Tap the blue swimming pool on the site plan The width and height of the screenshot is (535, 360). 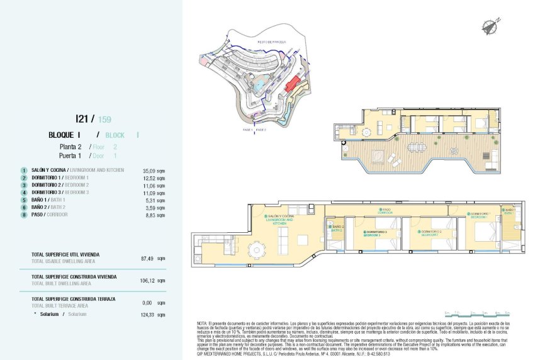(258, 83)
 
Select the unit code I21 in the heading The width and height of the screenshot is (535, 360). (81, 118)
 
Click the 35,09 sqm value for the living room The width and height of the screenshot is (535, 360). (153, 171)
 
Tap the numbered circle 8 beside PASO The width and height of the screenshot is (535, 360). (23, 215)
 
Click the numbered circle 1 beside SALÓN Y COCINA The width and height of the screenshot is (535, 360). (23, 171)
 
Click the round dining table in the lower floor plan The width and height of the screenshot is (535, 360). (257, 251)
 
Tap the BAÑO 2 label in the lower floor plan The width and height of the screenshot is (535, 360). (337, 228)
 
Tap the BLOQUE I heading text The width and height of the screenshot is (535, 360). (64, 135)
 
